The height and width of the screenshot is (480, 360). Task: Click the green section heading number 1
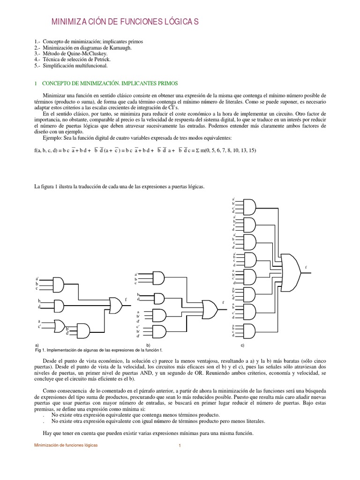pos(36,83)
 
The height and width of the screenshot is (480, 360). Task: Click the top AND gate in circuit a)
pos(59,284)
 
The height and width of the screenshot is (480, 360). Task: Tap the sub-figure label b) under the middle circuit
pos(148,345)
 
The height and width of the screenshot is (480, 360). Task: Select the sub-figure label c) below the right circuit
pos(243,345)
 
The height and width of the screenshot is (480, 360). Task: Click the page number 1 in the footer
pos(180,445)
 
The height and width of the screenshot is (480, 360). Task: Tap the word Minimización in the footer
pos(49,445)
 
